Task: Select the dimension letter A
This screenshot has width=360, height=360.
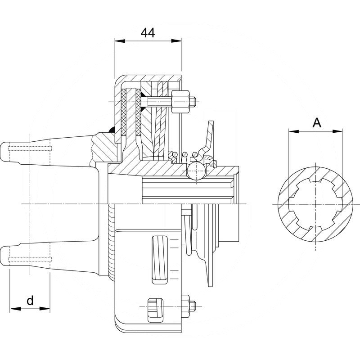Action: [317, 122]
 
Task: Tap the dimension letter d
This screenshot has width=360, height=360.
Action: [30, 300]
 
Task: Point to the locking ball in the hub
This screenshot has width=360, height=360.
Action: [196, 171]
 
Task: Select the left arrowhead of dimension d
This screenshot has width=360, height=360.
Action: [13, 309]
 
